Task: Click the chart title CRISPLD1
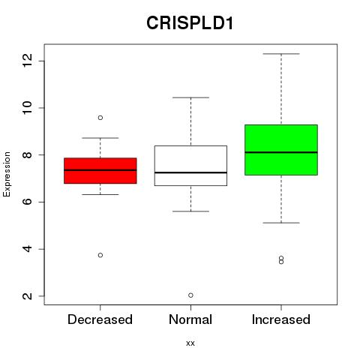(190, 23)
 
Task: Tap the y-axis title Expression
(7, 175)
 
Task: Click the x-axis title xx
(190, 343)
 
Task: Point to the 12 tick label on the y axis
(27, 61)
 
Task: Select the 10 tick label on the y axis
(27, 108)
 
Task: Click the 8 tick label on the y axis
(27, 154)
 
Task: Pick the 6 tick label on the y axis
(27, 202)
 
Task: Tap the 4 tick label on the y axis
(27, 249)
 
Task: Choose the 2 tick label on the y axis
(27, 296)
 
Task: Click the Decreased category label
(100, 319)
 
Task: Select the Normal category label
(190, 319)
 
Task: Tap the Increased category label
(281, 319)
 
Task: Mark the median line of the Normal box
(190, 172)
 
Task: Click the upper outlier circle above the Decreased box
(100, 118)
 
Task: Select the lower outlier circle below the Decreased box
(100, 255)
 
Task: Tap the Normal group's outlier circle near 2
(190, 295)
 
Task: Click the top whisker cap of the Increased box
(281, 54)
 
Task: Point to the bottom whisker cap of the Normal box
(190, 211)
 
